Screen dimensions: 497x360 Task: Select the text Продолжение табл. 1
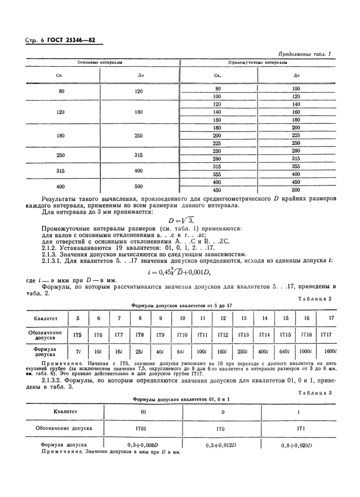(x=304, y=54)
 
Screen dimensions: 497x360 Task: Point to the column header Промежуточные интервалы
(x=257, y=62)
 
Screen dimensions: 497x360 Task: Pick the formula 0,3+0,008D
(x=143, y=445)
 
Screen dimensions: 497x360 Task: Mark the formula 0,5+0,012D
(x=222, y=445)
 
